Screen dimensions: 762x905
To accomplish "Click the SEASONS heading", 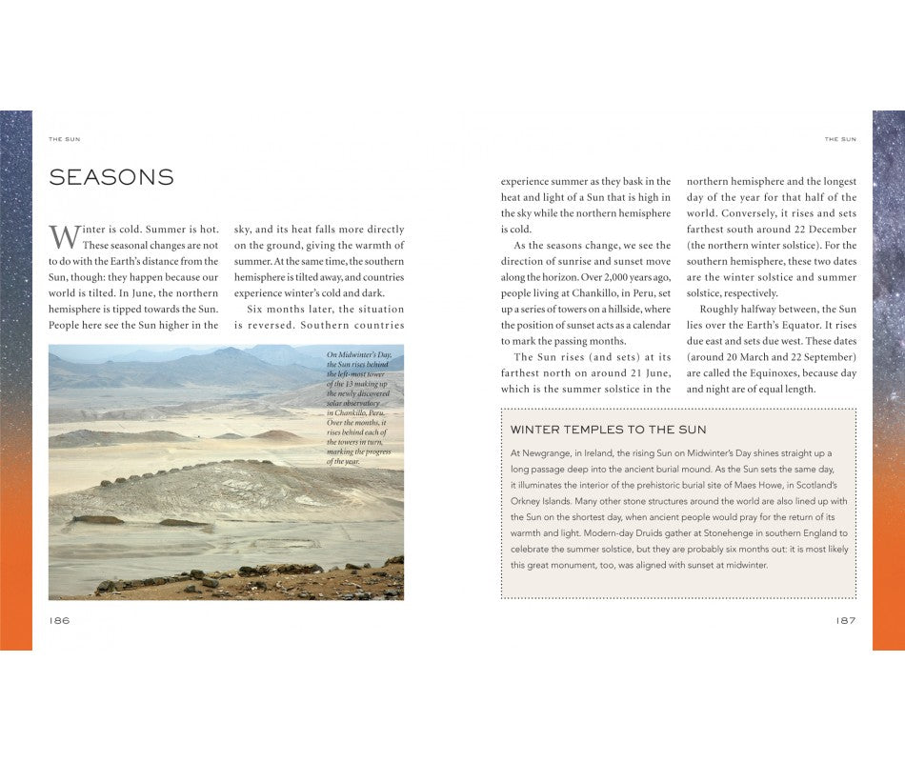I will [111, 177].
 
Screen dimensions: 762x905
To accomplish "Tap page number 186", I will [59, 620].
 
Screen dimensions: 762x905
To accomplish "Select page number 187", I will [845, 620].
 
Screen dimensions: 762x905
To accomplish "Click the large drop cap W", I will [61, 236].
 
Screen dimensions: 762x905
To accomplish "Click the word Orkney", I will [531, 501].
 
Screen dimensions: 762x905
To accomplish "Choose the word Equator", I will [810, 325].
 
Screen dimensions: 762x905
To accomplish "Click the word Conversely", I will [752, 213].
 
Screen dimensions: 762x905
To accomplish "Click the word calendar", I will [650, 325].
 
